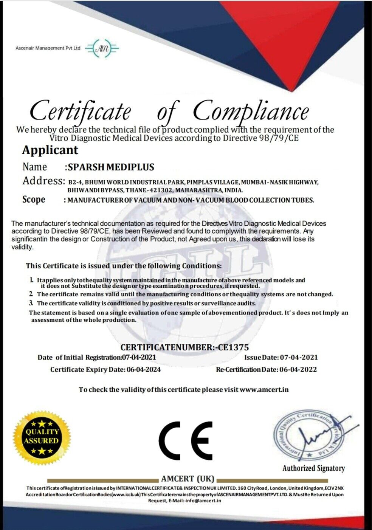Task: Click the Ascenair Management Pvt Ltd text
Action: click(x=48, y=48)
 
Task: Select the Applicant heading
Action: click(x=50, y=150)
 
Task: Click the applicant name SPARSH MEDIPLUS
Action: click(x=111, y=167)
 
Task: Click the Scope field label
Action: click(x=34, y=199)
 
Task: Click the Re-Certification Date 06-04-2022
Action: click(x=298, y=369)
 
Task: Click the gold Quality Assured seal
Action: click(x=42, y=436)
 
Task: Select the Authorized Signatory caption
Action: click(x=314, y=468)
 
